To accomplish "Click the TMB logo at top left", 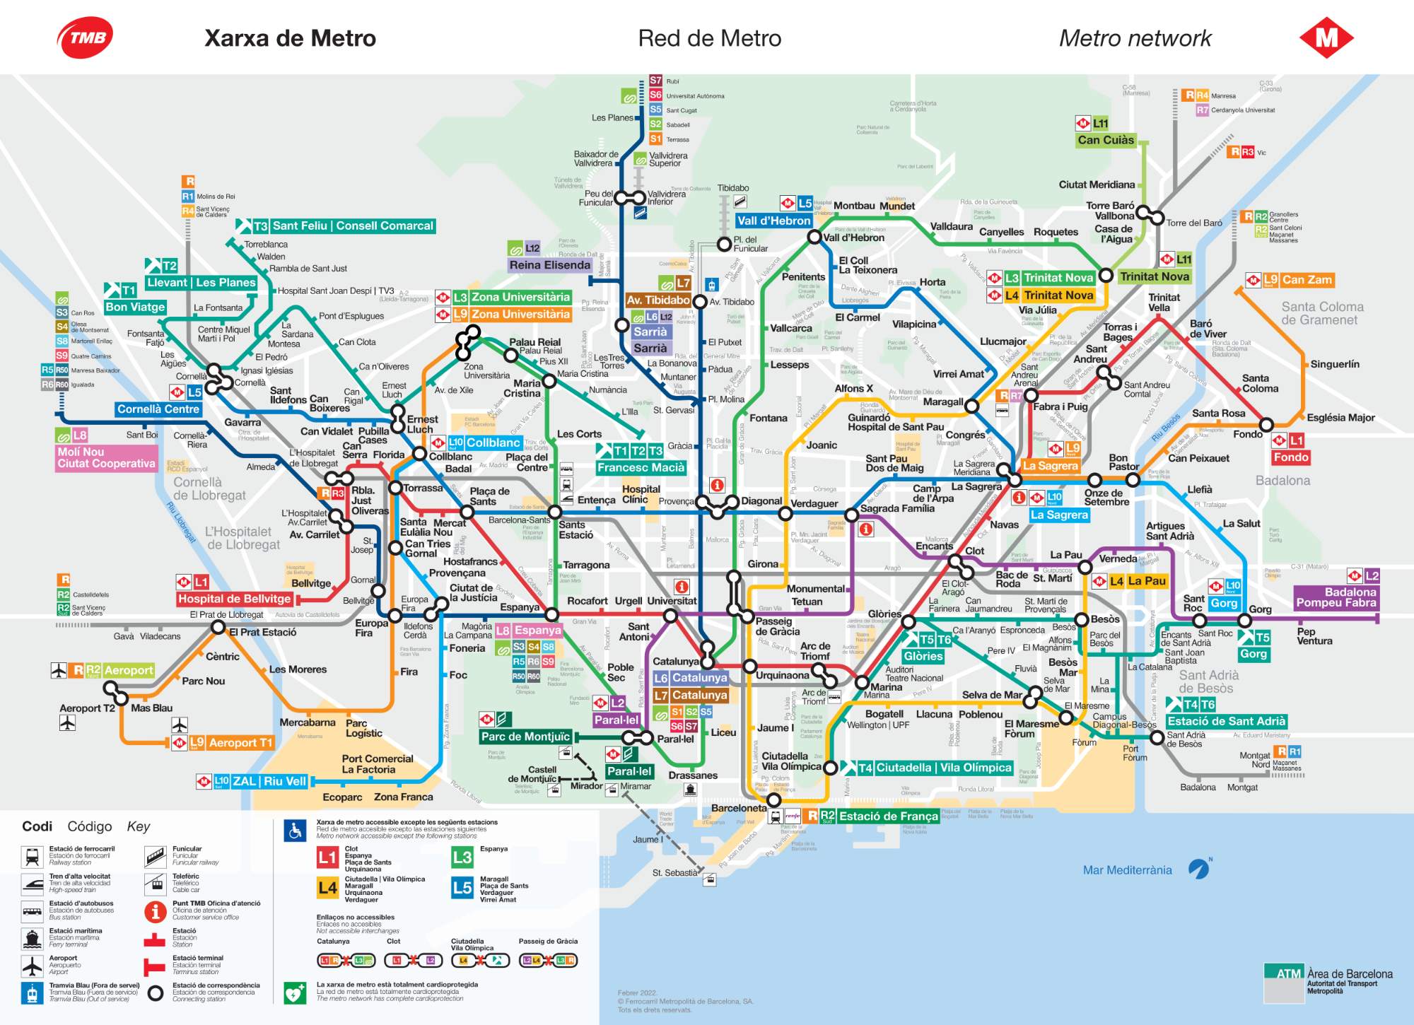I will [x=85, y=37].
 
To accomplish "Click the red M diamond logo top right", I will [x=1326, y=37].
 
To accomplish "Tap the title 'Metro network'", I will [x=1135, y=38].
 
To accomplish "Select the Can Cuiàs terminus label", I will [x=1106, y=140].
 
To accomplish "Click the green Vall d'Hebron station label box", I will [x=773, y=221].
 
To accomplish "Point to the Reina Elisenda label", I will [x=549, y=265].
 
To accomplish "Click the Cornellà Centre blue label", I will [x=158, y=409].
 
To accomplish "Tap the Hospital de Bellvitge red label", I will [x=234, y=599].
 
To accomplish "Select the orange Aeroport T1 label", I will [x=240, y=743].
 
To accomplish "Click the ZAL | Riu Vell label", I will [x=269, y=781].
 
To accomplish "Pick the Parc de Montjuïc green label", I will [x=525, y=737].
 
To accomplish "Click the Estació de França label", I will [x=888, y=816].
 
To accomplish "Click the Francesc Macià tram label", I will [x=641, y=467].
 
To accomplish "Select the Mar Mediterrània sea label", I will [x=1127, y=870].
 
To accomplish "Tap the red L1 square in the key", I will [x=327, y=858].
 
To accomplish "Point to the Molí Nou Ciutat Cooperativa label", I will [x=106, y=457].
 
